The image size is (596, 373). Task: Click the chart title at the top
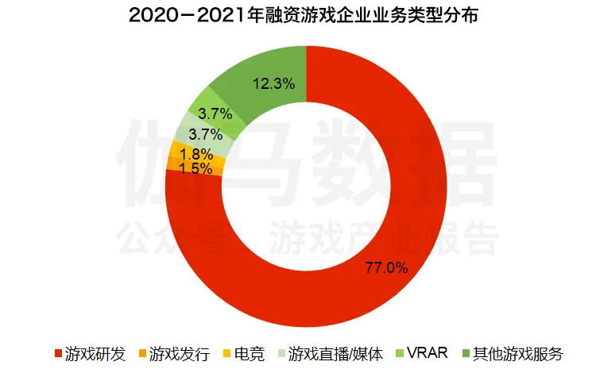click(x=298, y=15)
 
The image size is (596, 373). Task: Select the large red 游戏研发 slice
click(x=397, y=238)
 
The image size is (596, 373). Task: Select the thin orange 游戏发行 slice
click(x=172, y=164)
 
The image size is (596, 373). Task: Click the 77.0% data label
click(x=385, y=267)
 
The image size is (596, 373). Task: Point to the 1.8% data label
click(x=195, y=154)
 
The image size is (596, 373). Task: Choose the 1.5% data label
click(x=195, y=168)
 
